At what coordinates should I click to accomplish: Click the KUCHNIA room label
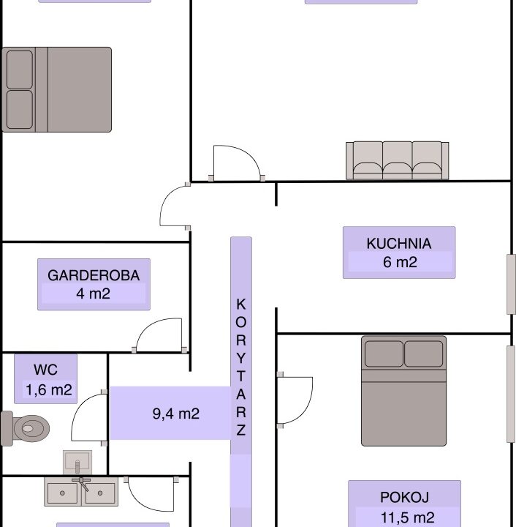(x=398, y=244)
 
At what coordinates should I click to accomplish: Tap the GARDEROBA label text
(x=94, y=276)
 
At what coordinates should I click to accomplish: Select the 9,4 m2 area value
(x=176, y=414)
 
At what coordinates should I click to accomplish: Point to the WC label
(x=45, y=370)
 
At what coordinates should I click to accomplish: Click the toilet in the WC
(x=25, y=428)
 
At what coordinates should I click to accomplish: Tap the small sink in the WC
(x=77, y=462)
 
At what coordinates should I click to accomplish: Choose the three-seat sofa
(x=398, y=160)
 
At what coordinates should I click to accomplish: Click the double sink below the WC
(x=81, y=492)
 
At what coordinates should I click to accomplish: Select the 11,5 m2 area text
(x=408, y=517)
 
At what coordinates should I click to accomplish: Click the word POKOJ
(x=404, y=498)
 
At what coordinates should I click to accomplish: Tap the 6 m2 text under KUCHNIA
(x=400, y=262)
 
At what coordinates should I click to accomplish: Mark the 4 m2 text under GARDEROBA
(x=94, y=294)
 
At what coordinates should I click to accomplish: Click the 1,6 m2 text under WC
(x=49, y=390)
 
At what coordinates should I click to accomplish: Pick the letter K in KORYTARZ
(x=241, y=304)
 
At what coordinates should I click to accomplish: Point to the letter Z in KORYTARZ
(x=241, y=430)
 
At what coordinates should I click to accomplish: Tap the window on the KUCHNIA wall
(x=511, y=284)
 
